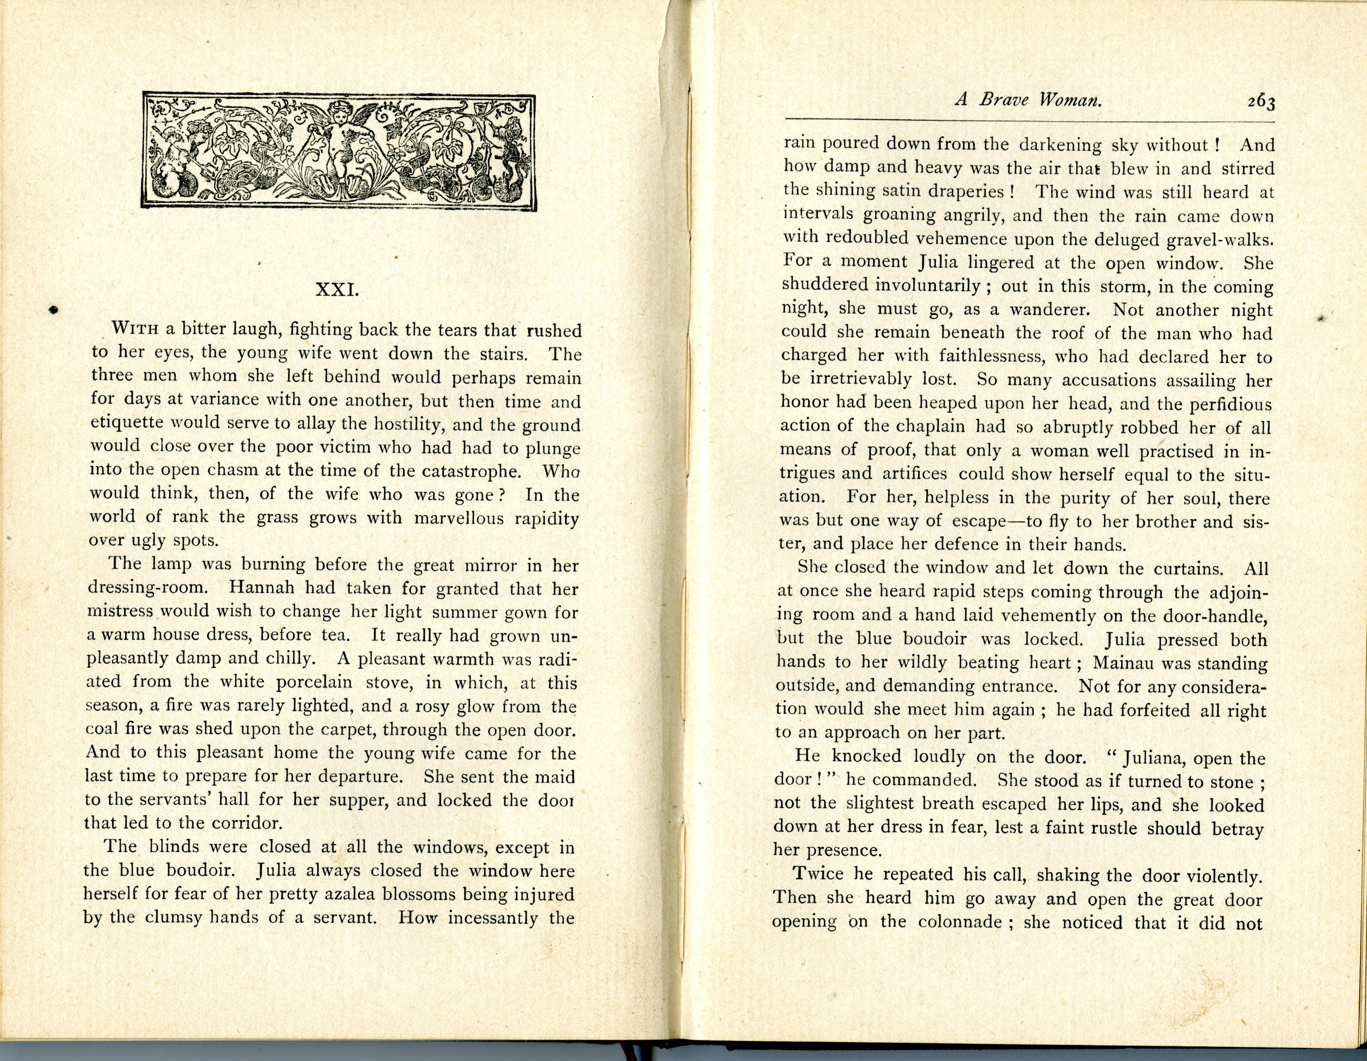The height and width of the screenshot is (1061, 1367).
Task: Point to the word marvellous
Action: (x=458, y=518)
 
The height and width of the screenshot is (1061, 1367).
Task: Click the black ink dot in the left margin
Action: (x=53, y=309)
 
